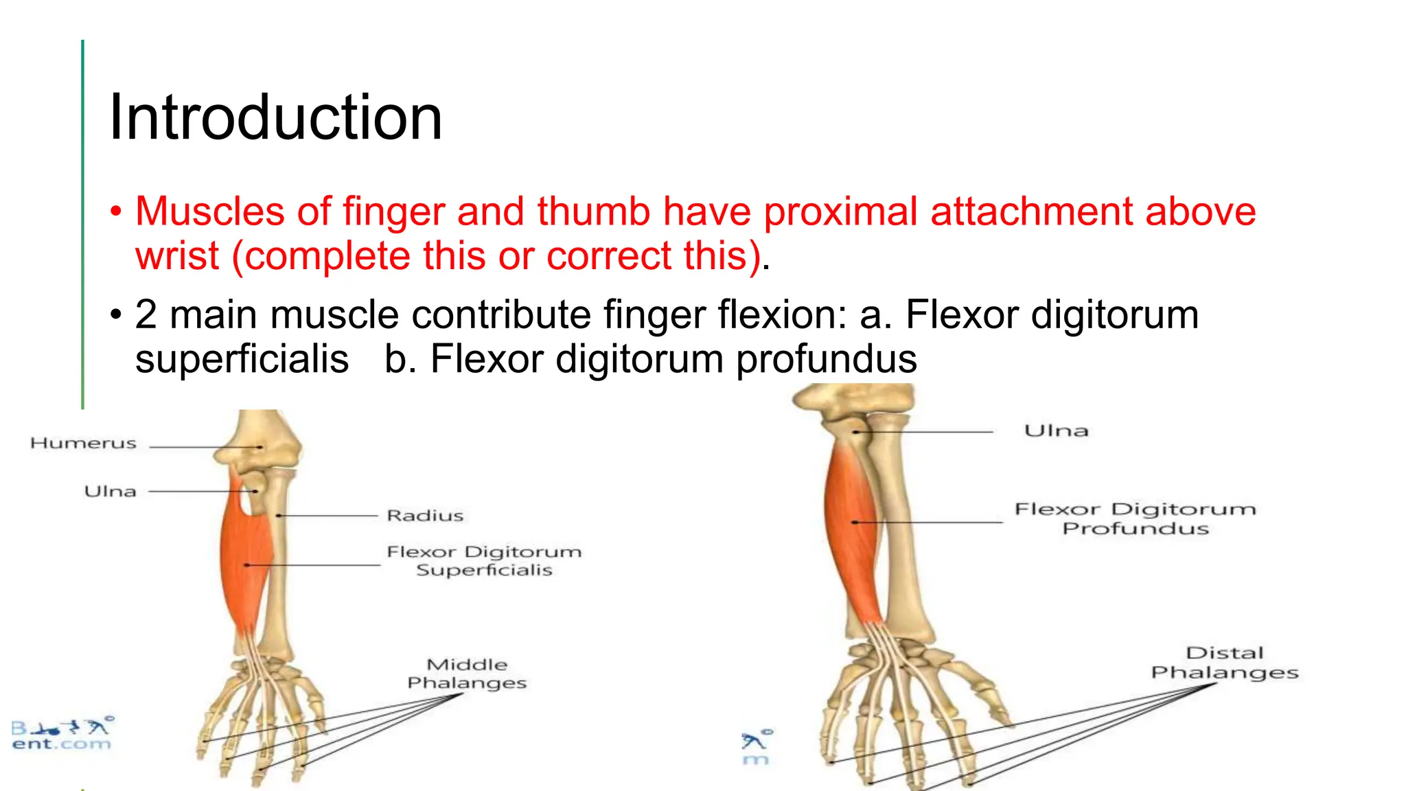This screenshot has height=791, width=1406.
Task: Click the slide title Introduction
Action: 275,117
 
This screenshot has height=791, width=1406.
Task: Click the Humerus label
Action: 83,444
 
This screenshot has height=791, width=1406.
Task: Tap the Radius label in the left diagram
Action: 425,516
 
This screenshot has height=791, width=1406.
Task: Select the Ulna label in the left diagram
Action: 110,492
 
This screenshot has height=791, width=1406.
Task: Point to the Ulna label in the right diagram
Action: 1056,431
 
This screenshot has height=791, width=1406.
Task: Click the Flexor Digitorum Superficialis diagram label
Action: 484,561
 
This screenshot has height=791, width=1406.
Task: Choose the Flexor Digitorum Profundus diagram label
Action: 1135,518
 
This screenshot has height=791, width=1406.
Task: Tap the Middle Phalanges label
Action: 467,674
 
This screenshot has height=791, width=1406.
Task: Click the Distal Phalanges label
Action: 1225,663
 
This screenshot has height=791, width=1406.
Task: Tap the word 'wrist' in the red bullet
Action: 177,256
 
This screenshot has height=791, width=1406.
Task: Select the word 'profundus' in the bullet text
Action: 827,359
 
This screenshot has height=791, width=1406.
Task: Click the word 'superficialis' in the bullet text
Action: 242,359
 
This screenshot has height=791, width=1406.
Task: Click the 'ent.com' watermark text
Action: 61,744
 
